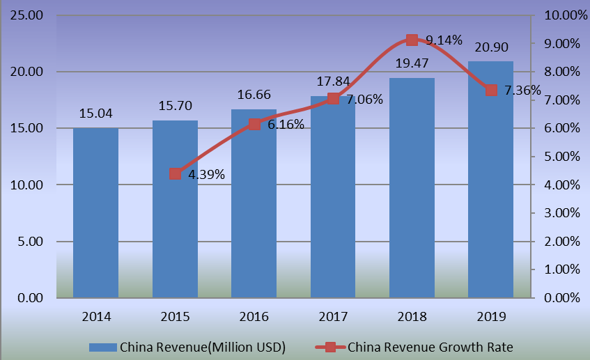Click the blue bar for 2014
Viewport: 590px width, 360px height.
tap(95, 212)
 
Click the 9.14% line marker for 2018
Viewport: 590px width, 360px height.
tap(412, 40)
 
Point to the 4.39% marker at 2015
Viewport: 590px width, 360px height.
tap(176, 173)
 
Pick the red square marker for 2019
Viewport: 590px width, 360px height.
tap(490, 91)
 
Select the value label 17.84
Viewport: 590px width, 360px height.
tap(333, 82)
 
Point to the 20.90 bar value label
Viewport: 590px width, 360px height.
tap(490, 47)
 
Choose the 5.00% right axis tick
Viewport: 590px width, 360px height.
tap(559, 157)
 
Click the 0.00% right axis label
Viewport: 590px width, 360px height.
tap(559, 298)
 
